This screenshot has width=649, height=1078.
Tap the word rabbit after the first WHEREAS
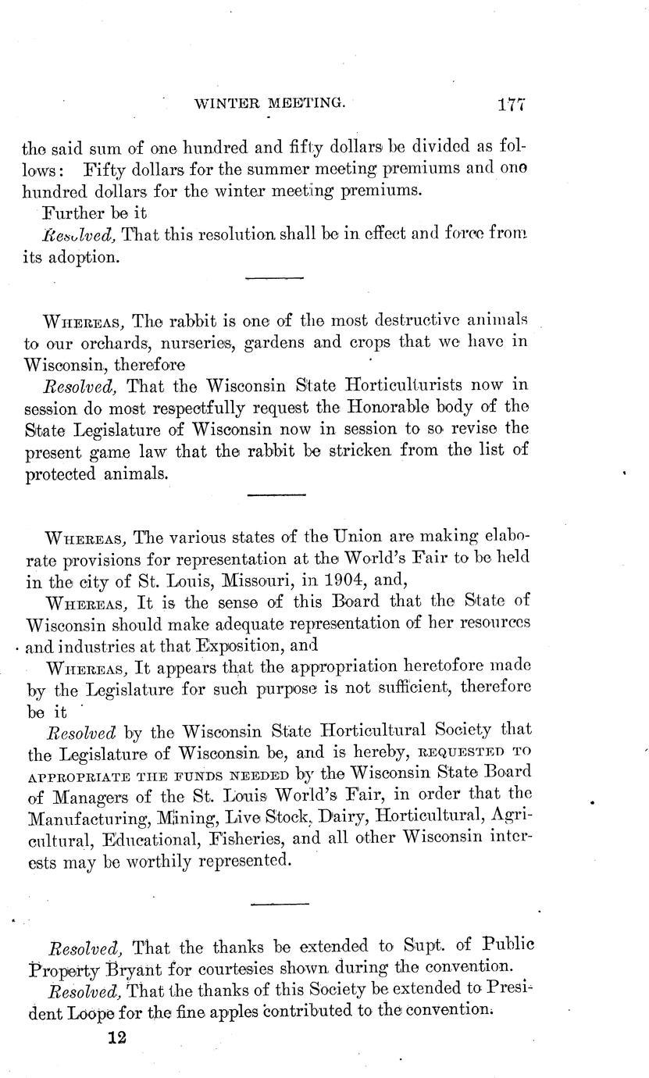[204, 322]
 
